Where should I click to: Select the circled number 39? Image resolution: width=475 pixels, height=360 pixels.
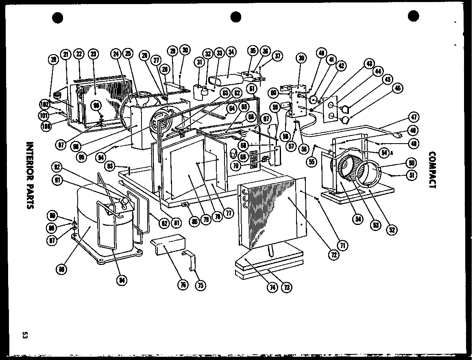301,58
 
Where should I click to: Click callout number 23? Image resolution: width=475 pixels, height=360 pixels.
93,55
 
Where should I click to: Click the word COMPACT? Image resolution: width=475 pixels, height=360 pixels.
432,170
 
